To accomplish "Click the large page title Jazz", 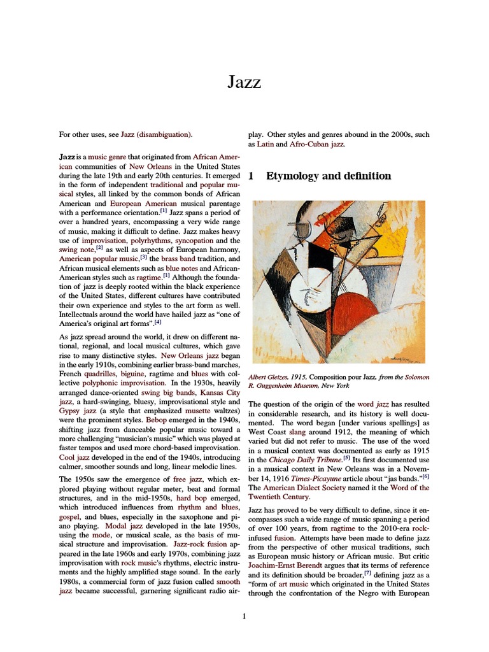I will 244,81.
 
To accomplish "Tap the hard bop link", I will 192,498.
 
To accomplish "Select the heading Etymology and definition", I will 329,176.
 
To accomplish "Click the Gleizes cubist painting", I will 338,282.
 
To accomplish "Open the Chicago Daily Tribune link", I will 305,459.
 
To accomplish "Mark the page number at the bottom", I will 244,616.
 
